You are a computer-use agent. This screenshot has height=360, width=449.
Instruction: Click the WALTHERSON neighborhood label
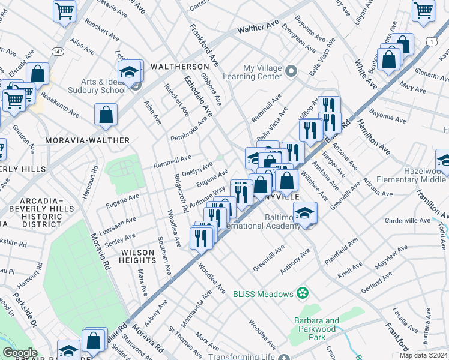180,66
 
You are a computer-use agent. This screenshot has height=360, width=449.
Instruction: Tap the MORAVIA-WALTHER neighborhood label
88,140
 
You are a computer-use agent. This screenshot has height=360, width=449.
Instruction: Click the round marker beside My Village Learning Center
292,71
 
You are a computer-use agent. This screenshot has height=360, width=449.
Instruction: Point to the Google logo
20,353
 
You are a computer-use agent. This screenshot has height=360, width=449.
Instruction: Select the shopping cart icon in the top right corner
423,10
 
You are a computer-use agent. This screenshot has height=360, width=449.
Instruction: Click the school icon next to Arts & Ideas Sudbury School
130,71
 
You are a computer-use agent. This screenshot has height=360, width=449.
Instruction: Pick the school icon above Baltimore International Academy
306,214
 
